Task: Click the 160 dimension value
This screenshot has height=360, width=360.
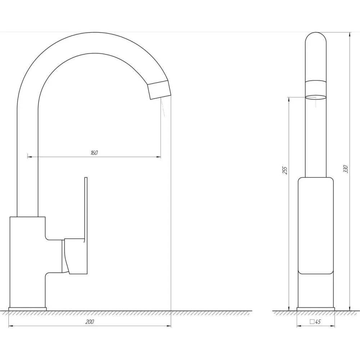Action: (x=94, y=153)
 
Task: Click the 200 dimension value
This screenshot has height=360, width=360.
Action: (x=90, y=321)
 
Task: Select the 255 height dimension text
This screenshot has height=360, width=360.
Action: (x=285, y=170)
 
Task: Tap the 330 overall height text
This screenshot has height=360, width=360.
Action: (x=346, y=169)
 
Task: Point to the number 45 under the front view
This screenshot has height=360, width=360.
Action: (x=318, y=321)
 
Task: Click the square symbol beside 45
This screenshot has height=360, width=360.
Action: (x=312, y=321)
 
